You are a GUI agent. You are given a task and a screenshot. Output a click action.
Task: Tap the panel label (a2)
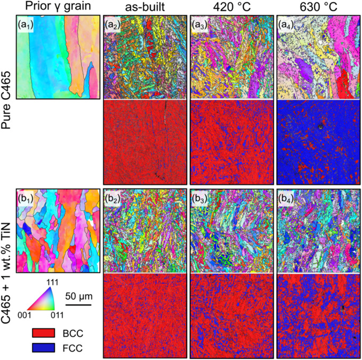click(x=113, y=24)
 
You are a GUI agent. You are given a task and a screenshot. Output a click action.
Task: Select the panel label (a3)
click(x=200, y=24)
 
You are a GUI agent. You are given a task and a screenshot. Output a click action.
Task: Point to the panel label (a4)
click(x=286, y=24)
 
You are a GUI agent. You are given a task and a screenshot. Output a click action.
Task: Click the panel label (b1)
click(x=26, y=197)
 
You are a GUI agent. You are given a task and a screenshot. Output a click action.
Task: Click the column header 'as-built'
click(x=143, y=8)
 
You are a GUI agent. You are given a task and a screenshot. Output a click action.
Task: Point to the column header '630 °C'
click(x=317, y=8)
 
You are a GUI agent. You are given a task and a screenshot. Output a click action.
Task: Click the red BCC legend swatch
click(x=44, y=333)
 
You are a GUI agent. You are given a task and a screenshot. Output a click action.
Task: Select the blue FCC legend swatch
click(x=44, y=349)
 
